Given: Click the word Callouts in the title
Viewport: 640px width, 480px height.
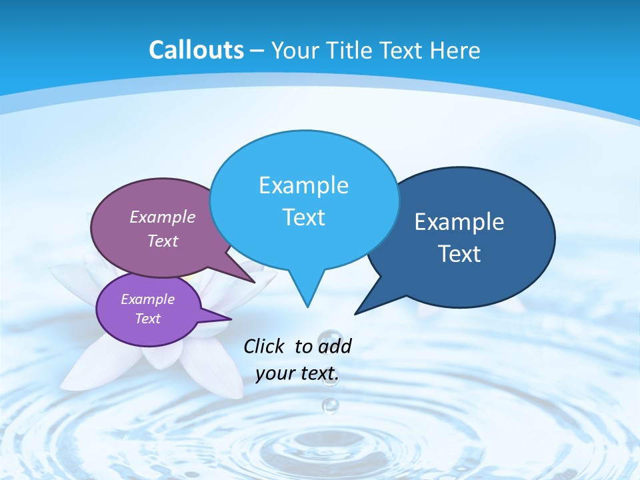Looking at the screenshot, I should (x=197, y=50).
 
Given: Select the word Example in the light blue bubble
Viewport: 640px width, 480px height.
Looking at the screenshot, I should (x=304, y=185).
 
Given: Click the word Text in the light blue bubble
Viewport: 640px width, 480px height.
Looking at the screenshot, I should (x=304, y=217).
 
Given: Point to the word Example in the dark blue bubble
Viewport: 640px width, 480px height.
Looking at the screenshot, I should (x=459, y=222).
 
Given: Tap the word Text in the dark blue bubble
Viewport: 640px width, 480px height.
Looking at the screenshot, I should (x=459, y=254).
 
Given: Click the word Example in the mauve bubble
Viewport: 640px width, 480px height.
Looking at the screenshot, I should (x=163, y=217).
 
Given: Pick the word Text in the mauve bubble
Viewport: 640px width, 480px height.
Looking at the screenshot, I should (x=163, y=241).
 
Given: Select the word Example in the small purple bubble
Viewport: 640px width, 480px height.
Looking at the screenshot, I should (x=148, y=299).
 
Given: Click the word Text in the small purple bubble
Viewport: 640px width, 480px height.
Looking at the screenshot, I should (x=148, y=319).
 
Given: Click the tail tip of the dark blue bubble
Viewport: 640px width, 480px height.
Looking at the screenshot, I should (x=355, y=313).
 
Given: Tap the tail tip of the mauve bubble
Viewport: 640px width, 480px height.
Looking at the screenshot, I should (x=255, y=282).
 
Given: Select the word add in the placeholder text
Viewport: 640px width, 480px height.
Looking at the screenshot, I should (x=335, y=346).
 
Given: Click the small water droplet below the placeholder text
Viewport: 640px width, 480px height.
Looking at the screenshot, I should (x=330, y=404).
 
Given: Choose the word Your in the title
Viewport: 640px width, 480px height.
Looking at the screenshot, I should (x=293, y=50).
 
